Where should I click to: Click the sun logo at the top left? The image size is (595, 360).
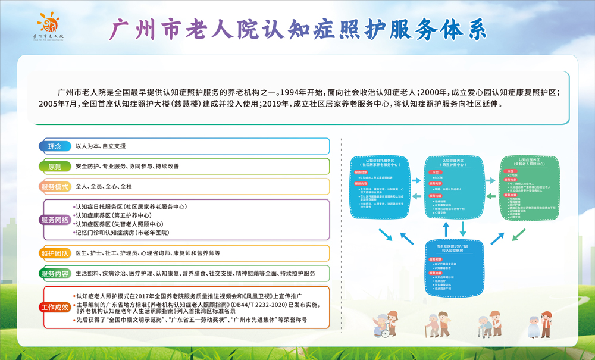point(48,23)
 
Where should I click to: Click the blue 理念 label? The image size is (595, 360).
point(55,146)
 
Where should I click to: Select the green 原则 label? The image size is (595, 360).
point(55,166)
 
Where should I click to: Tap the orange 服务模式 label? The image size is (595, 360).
point(55,186)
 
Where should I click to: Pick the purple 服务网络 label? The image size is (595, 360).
point(55,220)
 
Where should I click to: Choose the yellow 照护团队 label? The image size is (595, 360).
point(55,253)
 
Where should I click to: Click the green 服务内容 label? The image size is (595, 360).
point(55,274)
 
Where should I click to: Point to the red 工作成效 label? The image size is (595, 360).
point(55,307)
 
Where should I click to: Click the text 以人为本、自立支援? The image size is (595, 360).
point(101,146)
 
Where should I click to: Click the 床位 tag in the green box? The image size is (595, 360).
point(510,170)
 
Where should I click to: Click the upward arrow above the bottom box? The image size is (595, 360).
point(446,228)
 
